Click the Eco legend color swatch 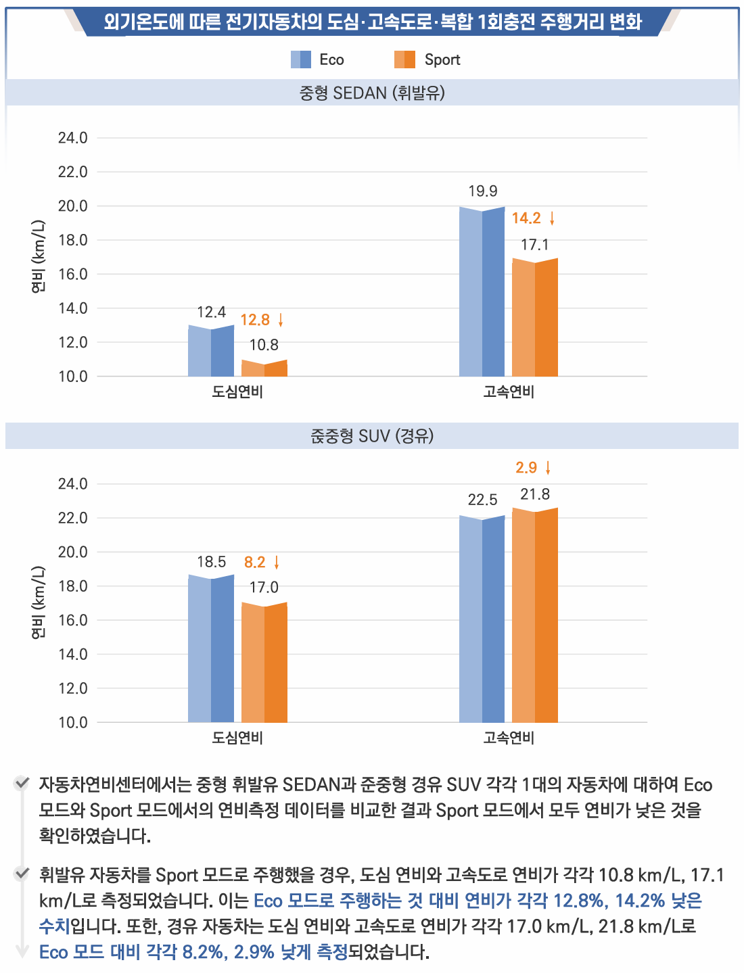[301, 60]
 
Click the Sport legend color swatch [404, 60]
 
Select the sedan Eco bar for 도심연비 [211, 352]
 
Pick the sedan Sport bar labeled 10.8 [264, 369]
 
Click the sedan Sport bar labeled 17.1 [535, 318]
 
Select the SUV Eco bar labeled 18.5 [211, 649]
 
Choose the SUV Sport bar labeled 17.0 [264, 663]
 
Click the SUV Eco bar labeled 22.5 [482, 619]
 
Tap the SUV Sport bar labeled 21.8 [535, 615]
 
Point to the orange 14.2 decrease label [526, 218]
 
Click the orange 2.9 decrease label [526, 468]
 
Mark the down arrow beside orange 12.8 [281, 320]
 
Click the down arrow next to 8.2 [277, 563]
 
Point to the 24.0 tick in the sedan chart [73, 138]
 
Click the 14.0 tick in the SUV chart [73, 654]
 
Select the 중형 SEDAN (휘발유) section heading [372, 93]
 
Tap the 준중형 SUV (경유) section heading [372, 436]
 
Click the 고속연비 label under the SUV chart [509, 738]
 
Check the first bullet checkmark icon [22, 784]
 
